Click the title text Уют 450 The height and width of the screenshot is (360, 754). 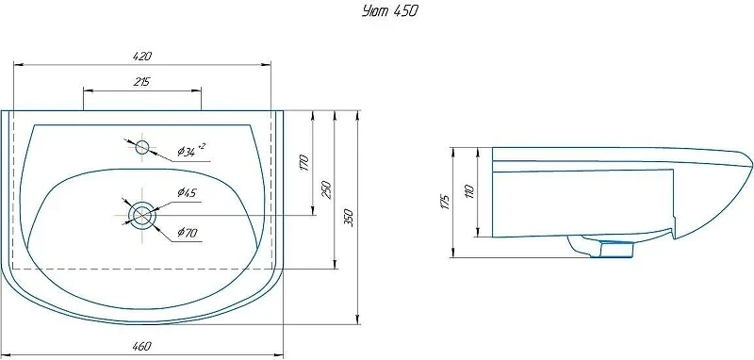coord(389,11)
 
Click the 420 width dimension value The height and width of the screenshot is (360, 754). coord(142,56)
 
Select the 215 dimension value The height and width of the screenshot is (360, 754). coord(142,82)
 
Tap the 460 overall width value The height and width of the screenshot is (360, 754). coord(142,346)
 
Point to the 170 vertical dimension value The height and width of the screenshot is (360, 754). coord(303,164)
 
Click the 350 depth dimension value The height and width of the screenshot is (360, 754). coord(349,218)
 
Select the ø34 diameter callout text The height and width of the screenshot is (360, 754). coord(191,151)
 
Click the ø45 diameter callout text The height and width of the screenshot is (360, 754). coord(187,193)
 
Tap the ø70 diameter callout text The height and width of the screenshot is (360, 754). coord(187,233)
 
